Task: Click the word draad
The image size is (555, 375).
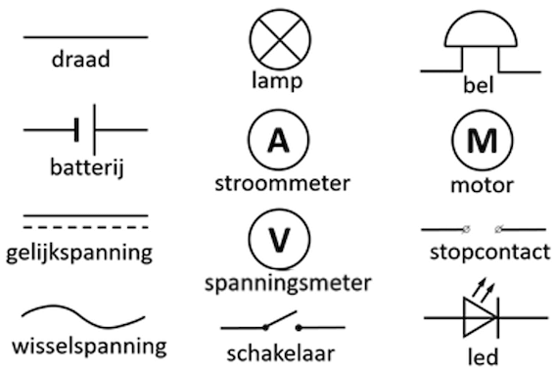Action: pyautogui.click(x=81, y=60)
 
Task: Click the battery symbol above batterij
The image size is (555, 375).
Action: pyautogui.click(x=85, y=128)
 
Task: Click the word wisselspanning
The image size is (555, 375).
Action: pyautogui.click(x=89, y=347)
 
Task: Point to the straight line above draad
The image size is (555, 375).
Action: pyautogui.click(x=85, y=37)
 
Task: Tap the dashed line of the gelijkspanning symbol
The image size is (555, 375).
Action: pyautogui.click(x=85, y=226)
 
